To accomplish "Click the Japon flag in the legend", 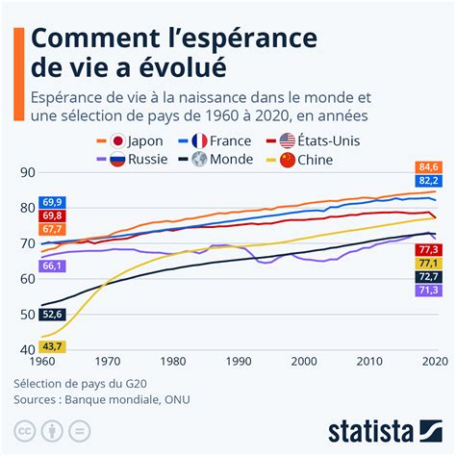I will pos(119,140).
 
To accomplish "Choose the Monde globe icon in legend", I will pos(200,160).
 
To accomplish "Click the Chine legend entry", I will pos(313,160).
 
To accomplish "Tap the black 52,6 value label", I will pos(53,314).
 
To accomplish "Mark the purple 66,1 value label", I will pos(53,266).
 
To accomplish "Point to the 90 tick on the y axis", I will pos(27,172).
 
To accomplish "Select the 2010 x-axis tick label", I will pos(368,362).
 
